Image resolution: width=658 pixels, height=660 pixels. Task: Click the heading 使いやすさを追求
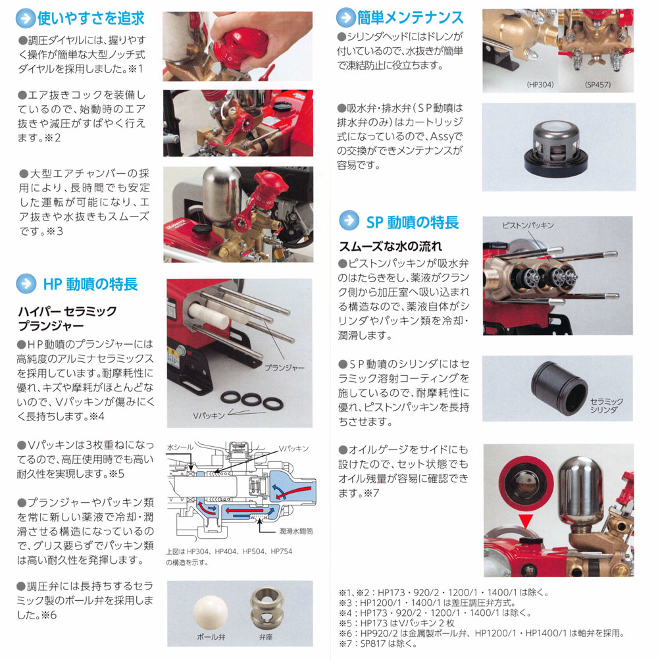coord(91,18)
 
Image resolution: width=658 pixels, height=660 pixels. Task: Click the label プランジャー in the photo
coord(284,367)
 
